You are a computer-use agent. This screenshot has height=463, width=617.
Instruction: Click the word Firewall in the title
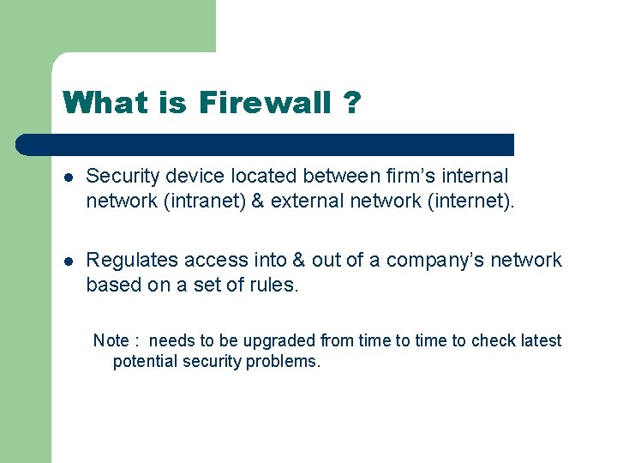pyautogui.click(x=265, y=104)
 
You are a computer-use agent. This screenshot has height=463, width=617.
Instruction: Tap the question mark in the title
pyautogui.click(x=350, y=104)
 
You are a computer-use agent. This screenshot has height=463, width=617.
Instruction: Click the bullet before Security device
pyautogui.click(x=69, y=177)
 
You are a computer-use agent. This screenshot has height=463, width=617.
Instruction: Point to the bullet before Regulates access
pyautogui.click(x=69, y=261)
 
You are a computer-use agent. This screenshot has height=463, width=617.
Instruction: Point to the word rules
pyautogui.click(x=273, y=285)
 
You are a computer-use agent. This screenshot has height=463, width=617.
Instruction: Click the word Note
pyautogui.click(x=111, y=340)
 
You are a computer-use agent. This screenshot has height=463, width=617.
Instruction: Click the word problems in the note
pyautogui.click(x=283, y=361)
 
